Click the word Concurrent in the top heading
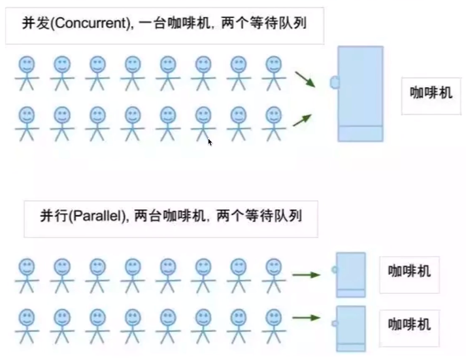(x=91, y=23)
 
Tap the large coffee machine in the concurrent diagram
(x=360, y=94)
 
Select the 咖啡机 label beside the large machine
(x=431, y=93)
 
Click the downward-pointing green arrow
(x=305, y=79)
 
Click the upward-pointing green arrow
(x=302, y=120)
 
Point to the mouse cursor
(x=210, y=142)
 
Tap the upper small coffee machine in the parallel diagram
(x=351, y=275)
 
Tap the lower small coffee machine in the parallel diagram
(x=351, y=329)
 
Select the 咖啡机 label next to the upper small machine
(x=409, y=271)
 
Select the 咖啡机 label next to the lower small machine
(x=409, y=324)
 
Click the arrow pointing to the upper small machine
(x=307, y=275)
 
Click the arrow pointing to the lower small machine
(x=307, y=318)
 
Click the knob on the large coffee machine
(x=335, y=82)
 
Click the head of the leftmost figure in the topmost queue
(x=27, y=64)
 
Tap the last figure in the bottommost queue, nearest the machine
(x=274, y=326)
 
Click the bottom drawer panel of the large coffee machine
(x=360, y=134)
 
